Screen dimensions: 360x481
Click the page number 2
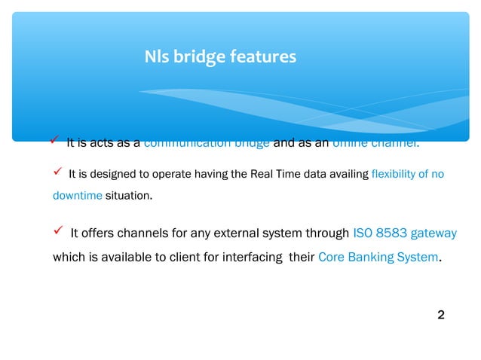[441, 314]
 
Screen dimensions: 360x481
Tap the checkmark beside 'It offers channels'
[57, 233]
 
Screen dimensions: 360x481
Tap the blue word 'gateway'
[436, 233]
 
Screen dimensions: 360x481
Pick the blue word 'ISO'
[363, 233]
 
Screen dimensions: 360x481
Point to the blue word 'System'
[417, 258]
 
